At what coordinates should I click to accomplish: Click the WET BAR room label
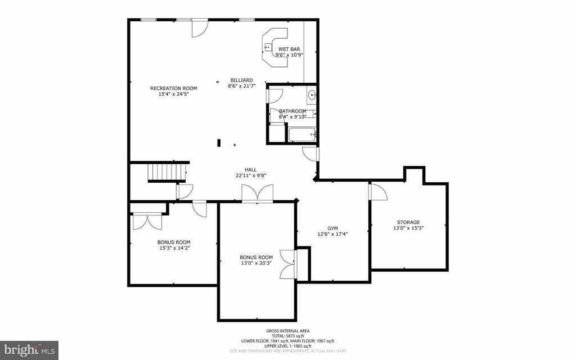(x=289, y=49)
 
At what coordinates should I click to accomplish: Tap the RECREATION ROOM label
(x=174, y=88)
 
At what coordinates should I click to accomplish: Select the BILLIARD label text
(x=242, y=80)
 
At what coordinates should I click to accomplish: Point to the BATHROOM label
(x=292, y=111)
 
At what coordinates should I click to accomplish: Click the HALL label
(x=251, y=170)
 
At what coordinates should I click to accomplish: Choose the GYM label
(x=332, y=228)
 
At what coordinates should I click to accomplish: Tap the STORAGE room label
(x=408, y=222)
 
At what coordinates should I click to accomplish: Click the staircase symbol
(x=167, y=173)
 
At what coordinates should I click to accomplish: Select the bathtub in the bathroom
(x=302, y=135)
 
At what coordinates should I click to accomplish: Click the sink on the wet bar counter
(x=268, y=47)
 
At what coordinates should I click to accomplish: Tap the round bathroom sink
(x=312, y=95)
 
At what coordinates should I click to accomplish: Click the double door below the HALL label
(x=257, y=193)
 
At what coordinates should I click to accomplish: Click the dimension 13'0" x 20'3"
(x=256, y=263)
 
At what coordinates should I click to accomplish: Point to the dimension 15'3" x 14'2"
(x=174, y=248)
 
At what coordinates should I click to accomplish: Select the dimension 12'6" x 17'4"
(x=332, y=234)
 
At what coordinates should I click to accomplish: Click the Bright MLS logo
(x=29, y=350)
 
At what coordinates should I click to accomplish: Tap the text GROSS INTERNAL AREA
(x=287, y=331)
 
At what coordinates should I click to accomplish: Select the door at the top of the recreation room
(x=200, y=28)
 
